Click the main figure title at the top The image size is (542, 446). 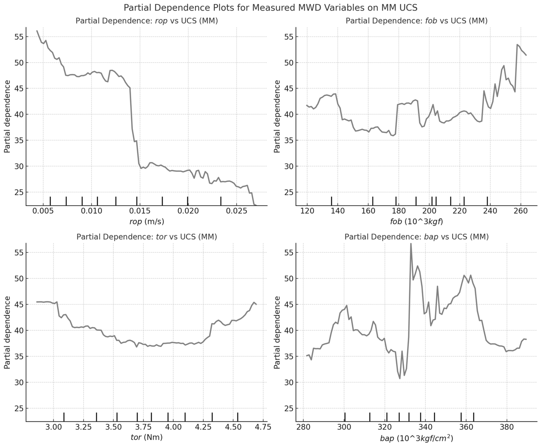pos(271,8)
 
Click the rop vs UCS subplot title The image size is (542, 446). pos(147,21)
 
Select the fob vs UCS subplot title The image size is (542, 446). pos(416,21)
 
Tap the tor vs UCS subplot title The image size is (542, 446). pos(147,237)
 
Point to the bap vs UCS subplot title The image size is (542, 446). pos(416,237)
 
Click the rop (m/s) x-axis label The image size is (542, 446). pos(147,222)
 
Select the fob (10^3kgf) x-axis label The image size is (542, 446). pos(416,222)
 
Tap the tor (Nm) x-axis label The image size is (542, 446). pos(147,437)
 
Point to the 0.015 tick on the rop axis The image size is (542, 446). pos(140,211)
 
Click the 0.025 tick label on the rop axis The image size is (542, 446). pos(236,211)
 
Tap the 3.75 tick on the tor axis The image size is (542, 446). pos(143,427)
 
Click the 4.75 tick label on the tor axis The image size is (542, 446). pos(263,427)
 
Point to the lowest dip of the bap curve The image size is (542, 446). pos(400,378)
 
